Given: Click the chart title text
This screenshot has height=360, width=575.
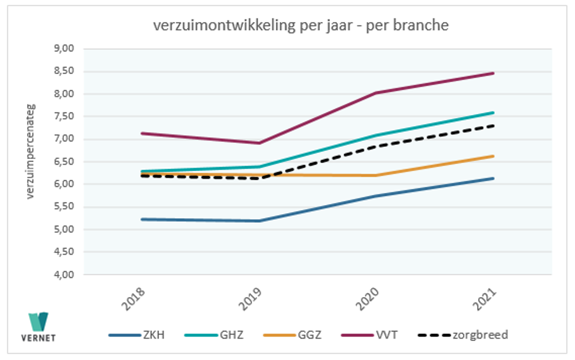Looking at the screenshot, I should pyautogui.click(x=301, y=26).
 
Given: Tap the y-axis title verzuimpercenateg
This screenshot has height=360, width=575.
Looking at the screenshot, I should pyautogui.click(x=30, y=151).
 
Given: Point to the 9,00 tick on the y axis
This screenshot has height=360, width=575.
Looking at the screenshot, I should pyautogui.click(x=63, y=49).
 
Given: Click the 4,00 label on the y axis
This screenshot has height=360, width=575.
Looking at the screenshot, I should pyautogui.click(x=63, y=275).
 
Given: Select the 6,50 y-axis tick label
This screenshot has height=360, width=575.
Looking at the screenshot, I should pyautogui.click(x=63, y=162).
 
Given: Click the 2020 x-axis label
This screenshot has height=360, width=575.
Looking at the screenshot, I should pyautogui.click(x=369, y=298).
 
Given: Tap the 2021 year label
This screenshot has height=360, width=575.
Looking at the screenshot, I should pyautogui.click(x=486, y=298).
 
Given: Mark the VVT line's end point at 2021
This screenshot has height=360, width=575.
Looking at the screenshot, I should pyautogui.click(x=494, y=73).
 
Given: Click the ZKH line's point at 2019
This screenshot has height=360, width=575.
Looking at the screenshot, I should pyautogui.click(x=259, y=221).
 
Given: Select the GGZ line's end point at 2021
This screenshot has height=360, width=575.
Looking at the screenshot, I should pyautogui.click(x=494, y=156).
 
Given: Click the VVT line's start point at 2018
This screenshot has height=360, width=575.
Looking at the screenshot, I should pyautogui.click(x=142, y=133).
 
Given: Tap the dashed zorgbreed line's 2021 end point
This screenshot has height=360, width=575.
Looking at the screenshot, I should pyautogui.click(x=494, y=125).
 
